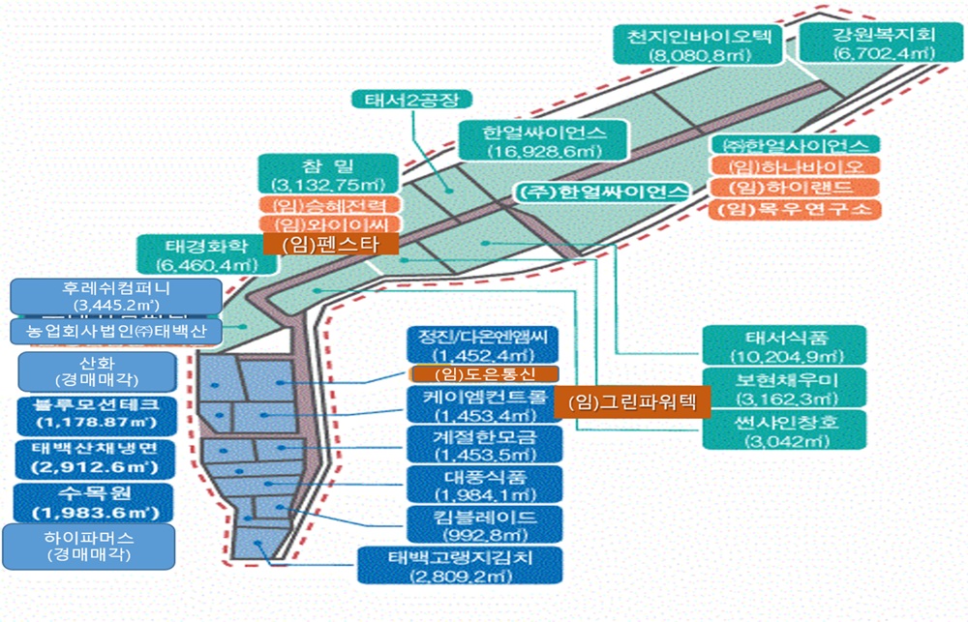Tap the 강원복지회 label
(883, 45)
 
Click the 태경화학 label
(197, 253)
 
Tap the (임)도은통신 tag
(484, 373)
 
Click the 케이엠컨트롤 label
(484, 405)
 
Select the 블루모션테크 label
(95, 412)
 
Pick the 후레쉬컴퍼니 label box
(114, 295)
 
